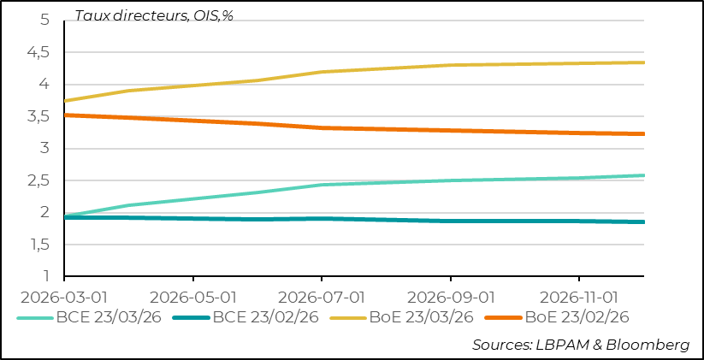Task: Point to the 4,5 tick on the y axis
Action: (x=38, y=53)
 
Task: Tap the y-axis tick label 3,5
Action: (x=38, y=117)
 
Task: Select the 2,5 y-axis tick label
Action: (x=38, y=181)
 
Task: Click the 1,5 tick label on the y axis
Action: (x=38, y=245)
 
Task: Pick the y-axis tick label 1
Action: (x=46, y=277)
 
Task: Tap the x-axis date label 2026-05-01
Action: (x=193, y=297)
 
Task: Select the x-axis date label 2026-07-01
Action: (x=322, y=297)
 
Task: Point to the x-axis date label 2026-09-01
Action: (x=451, y=297)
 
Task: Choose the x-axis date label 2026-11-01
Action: (x=579, y=297)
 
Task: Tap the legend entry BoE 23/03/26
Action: (x=420, y=317)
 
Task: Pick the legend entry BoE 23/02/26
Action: (x=576, y=317)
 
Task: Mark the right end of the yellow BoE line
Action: (x=644, y=62)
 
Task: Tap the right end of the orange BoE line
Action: (x=644, y=133)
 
